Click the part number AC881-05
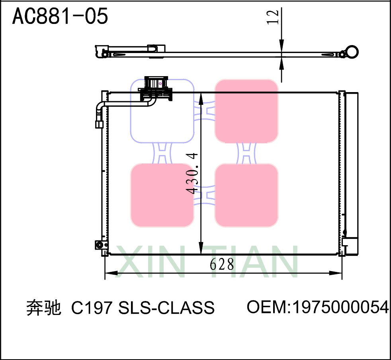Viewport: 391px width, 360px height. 60,16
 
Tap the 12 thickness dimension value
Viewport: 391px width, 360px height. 273,17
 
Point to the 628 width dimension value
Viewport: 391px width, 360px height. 222,264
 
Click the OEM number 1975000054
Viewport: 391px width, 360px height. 340,307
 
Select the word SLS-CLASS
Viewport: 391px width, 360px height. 167,308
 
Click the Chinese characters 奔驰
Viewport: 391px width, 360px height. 43,308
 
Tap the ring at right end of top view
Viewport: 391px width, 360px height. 352,52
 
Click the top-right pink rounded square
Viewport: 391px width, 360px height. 246,111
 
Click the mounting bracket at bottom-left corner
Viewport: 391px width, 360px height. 99,245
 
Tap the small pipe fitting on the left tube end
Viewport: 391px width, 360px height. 99,124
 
